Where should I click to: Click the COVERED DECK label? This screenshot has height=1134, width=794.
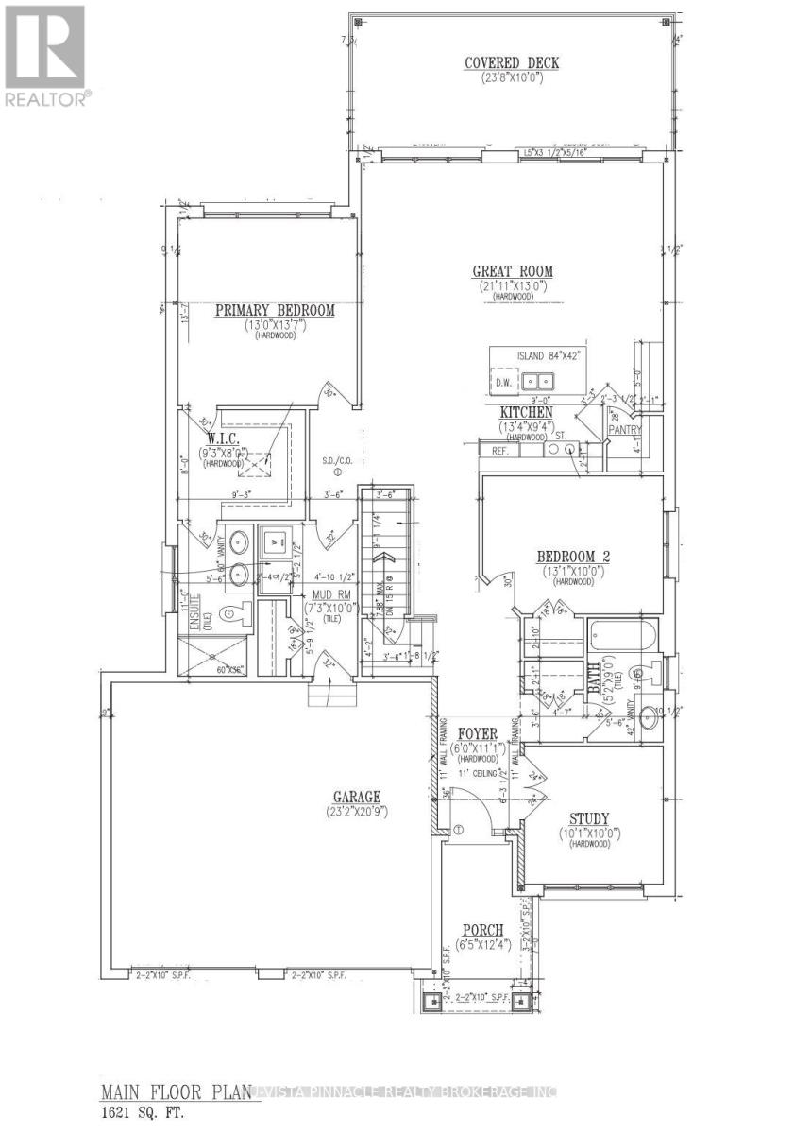point(512,63)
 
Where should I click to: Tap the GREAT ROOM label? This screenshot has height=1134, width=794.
point(513,271)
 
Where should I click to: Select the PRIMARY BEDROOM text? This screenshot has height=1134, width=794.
point(275,309)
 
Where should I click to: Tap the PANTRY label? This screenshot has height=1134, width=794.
point(625,430)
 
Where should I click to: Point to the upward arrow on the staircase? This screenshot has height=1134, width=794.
point(384,567)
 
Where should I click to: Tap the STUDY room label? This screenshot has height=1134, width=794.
point(589,818)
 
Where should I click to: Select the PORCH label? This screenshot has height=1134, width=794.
point(481,930)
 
